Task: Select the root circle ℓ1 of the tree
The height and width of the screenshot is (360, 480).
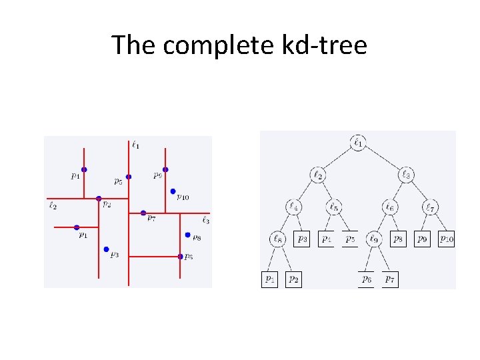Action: pos(359,142)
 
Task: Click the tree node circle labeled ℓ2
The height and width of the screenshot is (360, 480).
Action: pos(318,175)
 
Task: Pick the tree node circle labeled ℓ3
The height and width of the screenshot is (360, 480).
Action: pos(406,175)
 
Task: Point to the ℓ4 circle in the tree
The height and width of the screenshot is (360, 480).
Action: pos(294,207)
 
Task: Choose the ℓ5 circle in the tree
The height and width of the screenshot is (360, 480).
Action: pos(335,207)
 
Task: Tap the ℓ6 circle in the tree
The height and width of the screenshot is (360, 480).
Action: pos(390,207)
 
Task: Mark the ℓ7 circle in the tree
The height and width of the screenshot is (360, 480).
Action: pos(431,207)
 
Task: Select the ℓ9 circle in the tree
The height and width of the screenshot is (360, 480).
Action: pos(374,238)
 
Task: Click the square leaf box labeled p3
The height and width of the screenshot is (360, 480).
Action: pos(302,238)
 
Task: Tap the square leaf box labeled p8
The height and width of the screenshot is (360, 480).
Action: pos(398,238)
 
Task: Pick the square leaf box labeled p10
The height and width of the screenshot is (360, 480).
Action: pos(447,238)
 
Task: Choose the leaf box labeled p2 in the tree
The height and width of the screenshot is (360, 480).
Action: pos(293,279)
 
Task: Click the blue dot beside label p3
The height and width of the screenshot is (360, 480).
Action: pos(106,249)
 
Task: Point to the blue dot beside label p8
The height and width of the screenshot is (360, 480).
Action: pos(188,235)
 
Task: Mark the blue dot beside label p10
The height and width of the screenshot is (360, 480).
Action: pos(173,191)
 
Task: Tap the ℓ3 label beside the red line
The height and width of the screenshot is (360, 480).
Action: pos(205,220)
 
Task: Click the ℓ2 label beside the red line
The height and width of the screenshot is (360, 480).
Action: pos(53,206)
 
